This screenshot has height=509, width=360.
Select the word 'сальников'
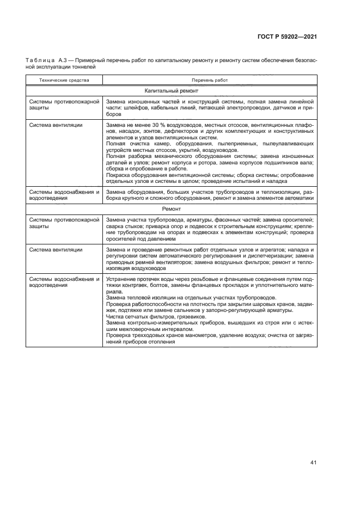[x=166, y=310]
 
